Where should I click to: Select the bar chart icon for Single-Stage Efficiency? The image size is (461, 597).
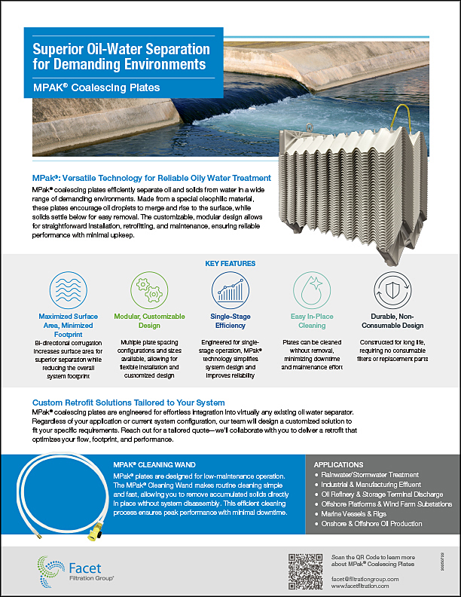tap(230, 290)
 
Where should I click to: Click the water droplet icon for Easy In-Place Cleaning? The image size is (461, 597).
tap(311, 290)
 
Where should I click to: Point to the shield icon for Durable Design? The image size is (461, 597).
tap(393, 290)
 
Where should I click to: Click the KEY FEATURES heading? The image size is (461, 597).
tap(230, 264)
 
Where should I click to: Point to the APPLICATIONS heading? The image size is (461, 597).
tap(343, 465)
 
